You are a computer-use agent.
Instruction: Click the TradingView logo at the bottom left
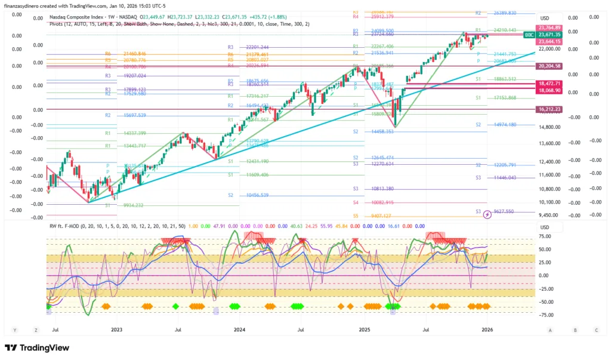click(x=37, y=348)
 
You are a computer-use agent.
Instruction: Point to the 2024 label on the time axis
click(x=239, y=329)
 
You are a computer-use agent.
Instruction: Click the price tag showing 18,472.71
click(x=551, y=84)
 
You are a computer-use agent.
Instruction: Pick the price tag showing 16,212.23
click(x=551, y=109)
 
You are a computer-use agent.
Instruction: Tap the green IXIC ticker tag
click(x=529, y=35)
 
